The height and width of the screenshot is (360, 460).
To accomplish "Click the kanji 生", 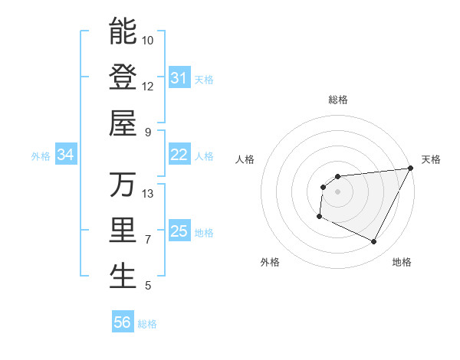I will pyautogui.click(x=123, y=277).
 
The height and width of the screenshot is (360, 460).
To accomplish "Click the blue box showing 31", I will pyautogui.click(x=179, y=77).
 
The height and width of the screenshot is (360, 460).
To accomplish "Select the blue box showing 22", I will pyautogui.click(x=179, y=155).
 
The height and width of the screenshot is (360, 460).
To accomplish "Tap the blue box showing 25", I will pyautogui.click(x=179, y=231).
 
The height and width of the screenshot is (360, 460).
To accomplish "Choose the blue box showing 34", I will pyautogui.click(x=65, y=155).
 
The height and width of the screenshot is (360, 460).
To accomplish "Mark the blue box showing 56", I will pyautogui.click(x=122, y=322).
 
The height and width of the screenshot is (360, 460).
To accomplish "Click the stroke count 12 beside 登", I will pyautogui.click(x=148, y=86).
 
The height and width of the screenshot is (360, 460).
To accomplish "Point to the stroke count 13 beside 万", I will pyautogui.click(x=148, y=193).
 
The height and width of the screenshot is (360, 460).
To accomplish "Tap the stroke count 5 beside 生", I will pyautogui.click(x=148, y=286).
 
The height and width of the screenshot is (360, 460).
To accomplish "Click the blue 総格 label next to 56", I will pyautogui.click(x=147, y=324).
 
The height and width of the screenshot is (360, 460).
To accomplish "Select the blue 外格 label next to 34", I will pyautogui.click(x=41, y=155).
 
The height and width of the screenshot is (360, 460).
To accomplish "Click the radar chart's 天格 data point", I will pyautogui.click(x=411, y=169).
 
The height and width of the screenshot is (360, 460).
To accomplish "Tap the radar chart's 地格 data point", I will pyautogui.click(x=373, y=242).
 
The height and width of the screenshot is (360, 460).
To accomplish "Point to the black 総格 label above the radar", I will pyautogui.click(x=338, y=100).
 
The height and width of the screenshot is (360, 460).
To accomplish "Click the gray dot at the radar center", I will pyautogui.click(x=337, y=191).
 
